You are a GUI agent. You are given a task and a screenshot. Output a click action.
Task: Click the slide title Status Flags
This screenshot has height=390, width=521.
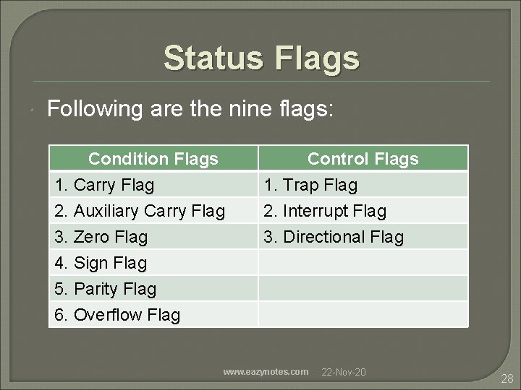[x=260, y=58]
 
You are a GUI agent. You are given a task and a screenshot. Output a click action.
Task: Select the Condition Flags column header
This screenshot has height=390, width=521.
[x=153, y=159]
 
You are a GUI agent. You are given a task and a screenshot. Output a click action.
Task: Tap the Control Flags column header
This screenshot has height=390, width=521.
[x=363, y=159]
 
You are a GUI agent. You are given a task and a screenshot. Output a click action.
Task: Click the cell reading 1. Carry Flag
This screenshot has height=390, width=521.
[x=105, y=186]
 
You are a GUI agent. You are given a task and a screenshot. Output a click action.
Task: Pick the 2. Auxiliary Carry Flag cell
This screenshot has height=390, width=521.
[x=140, y=212]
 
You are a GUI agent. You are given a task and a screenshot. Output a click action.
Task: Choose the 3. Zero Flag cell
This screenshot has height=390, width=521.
[x=101, y=237]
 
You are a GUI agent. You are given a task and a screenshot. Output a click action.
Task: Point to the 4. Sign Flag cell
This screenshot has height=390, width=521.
[x=101, y=263]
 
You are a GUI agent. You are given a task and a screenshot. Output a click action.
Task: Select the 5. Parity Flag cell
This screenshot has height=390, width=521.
[x=106, y=289]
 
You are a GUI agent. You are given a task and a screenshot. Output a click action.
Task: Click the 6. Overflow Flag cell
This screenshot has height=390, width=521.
[x=118, y=315]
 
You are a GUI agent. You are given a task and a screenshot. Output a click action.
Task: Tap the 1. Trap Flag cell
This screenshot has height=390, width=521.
[x=311, y=186]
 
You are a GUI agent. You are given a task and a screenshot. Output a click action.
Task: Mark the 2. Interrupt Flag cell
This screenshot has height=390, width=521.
[x=325, y=212]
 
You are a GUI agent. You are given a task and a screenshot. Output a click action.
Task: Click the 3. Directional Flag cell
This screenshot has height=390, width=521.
[x=334, y=237]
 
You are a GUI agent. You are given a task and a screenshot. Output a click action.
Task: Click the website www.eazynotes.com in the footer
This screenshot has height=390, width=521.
[x=266, y=372]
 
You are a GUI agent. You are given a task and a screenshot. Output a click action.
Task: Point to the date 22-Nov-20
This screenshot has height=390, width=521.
[x=343, y=372]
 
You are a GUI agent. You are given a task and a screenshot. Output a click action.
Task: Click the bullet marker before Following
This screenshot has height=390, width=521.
[x=35, y=110]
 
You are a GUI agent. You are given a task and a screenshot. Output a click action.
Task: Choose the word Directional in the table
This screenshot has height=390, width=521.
[x=325, y=237]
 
